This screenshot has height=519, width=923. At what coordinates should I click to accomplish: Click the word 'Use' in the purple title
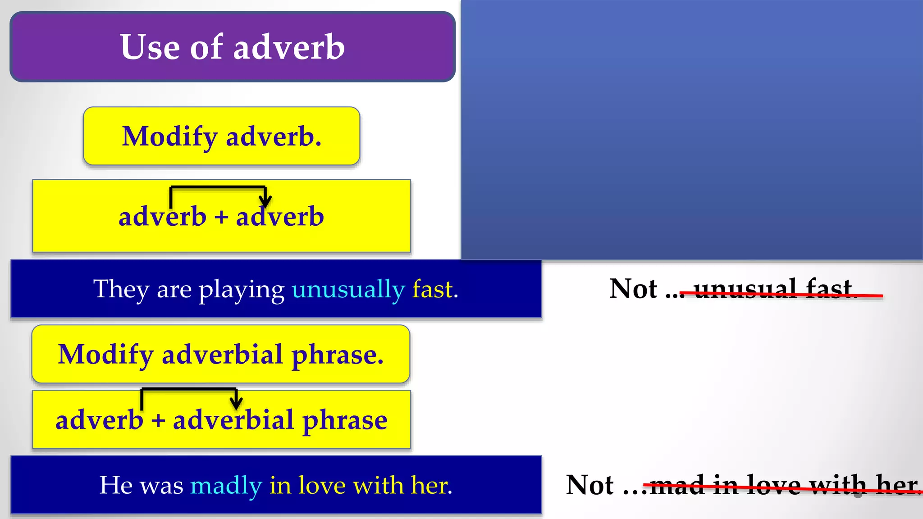click(x=150, y=47)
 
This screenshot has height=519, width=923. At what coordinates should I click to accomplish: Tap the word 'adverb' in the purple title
click(x=289, y=47)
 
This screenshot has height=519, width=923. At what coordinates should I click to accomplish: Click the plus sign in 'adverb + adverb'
click(x=221, y=217)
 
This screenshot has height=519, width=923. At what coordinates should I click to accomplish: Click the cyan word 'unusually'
click(x=348, y=289)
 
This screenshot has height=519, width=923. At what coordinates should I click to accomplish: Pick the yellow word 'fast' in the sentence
click(x=432, y=289)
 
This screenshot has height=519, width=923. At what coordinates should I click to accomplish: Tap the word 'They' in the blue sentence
click(x=121, y=289)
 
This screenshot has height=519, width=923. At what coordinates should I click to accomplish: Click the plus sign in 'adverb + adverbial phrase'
click(x=158, y=420)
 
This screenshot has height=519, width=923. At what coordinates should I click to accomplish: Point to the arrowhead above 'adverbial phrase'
click(x=236, y=402)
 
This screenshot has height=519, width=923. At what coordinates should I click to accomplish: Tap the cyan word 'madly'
click(x=226, y=486)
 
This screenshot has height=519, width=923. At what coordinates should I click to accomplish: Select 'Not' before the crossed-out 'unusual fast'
click(x=633, y=289)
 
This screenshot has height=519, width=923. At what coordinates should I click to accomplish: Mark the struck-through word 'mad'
click(x=677, y=485)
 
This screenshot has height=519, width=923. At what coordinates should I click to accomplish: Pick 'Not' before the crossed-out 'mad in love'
click(x=589, y=485)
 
